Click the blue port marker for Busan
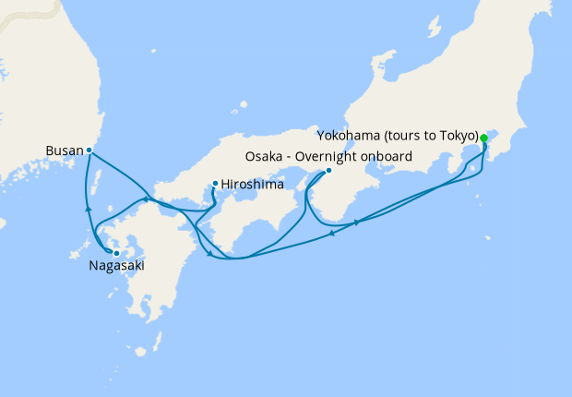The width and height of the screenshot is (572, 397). (x=89, y=150)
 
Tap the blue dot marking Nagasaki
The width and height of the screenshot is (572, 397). (x=116, y=252)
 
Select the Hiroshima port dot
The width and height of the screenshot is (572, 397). (x=215, y=183)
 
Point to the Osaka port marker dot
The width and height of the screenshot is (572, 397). (x=328, y=170)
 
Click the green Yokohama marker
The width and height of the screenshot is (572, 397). (x=483, y=138)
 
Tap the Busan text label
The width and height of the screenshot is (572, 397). (x=64, y=150)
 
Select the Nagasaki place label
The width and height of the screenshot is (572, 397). (x=116, y=266)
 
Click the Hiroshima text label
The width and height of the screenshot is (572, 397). (x=251, y=184)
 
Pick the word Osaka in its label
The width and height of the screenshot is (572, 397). (x=264, y=156)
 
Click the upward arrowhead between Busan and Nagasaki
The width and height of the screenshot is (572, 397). (x=89, y=209)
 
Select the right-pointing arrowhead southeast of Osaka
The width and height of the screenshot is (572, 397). (x=357, y=223)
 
